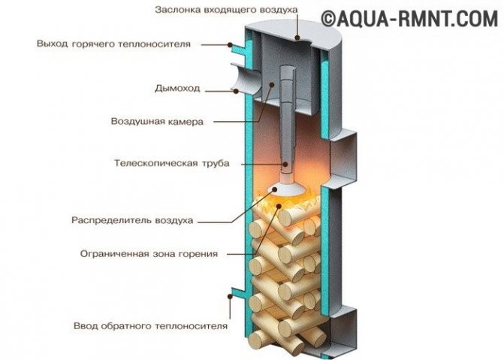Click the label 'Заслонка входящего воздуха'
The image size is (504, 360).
pos(226,11)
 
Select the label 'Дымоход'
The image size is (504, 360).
pos(178,89)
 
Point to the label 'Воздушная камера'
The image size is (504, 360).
pos(157,121)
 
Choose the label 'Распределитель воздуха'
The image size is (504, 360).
pos(133,221)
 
